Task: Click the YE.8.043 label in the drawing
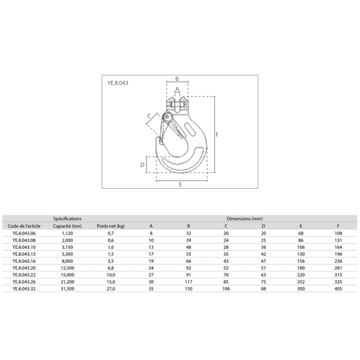coord(118,83)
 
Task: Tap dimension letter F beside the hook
coord(217,135)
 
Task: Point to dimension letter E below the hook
coord(181,185)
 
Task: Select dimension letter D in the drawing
coord(142,165)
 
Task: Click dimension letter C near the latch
coord(149,116)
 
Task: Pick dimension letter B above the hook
coord(177,79)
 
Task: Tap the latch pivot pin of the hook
coord(167,117)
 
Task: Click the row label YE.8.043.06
coord(24,233)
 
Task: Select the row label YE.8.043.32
coord(24,289)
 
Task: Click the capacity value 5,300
coord(67,254)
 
